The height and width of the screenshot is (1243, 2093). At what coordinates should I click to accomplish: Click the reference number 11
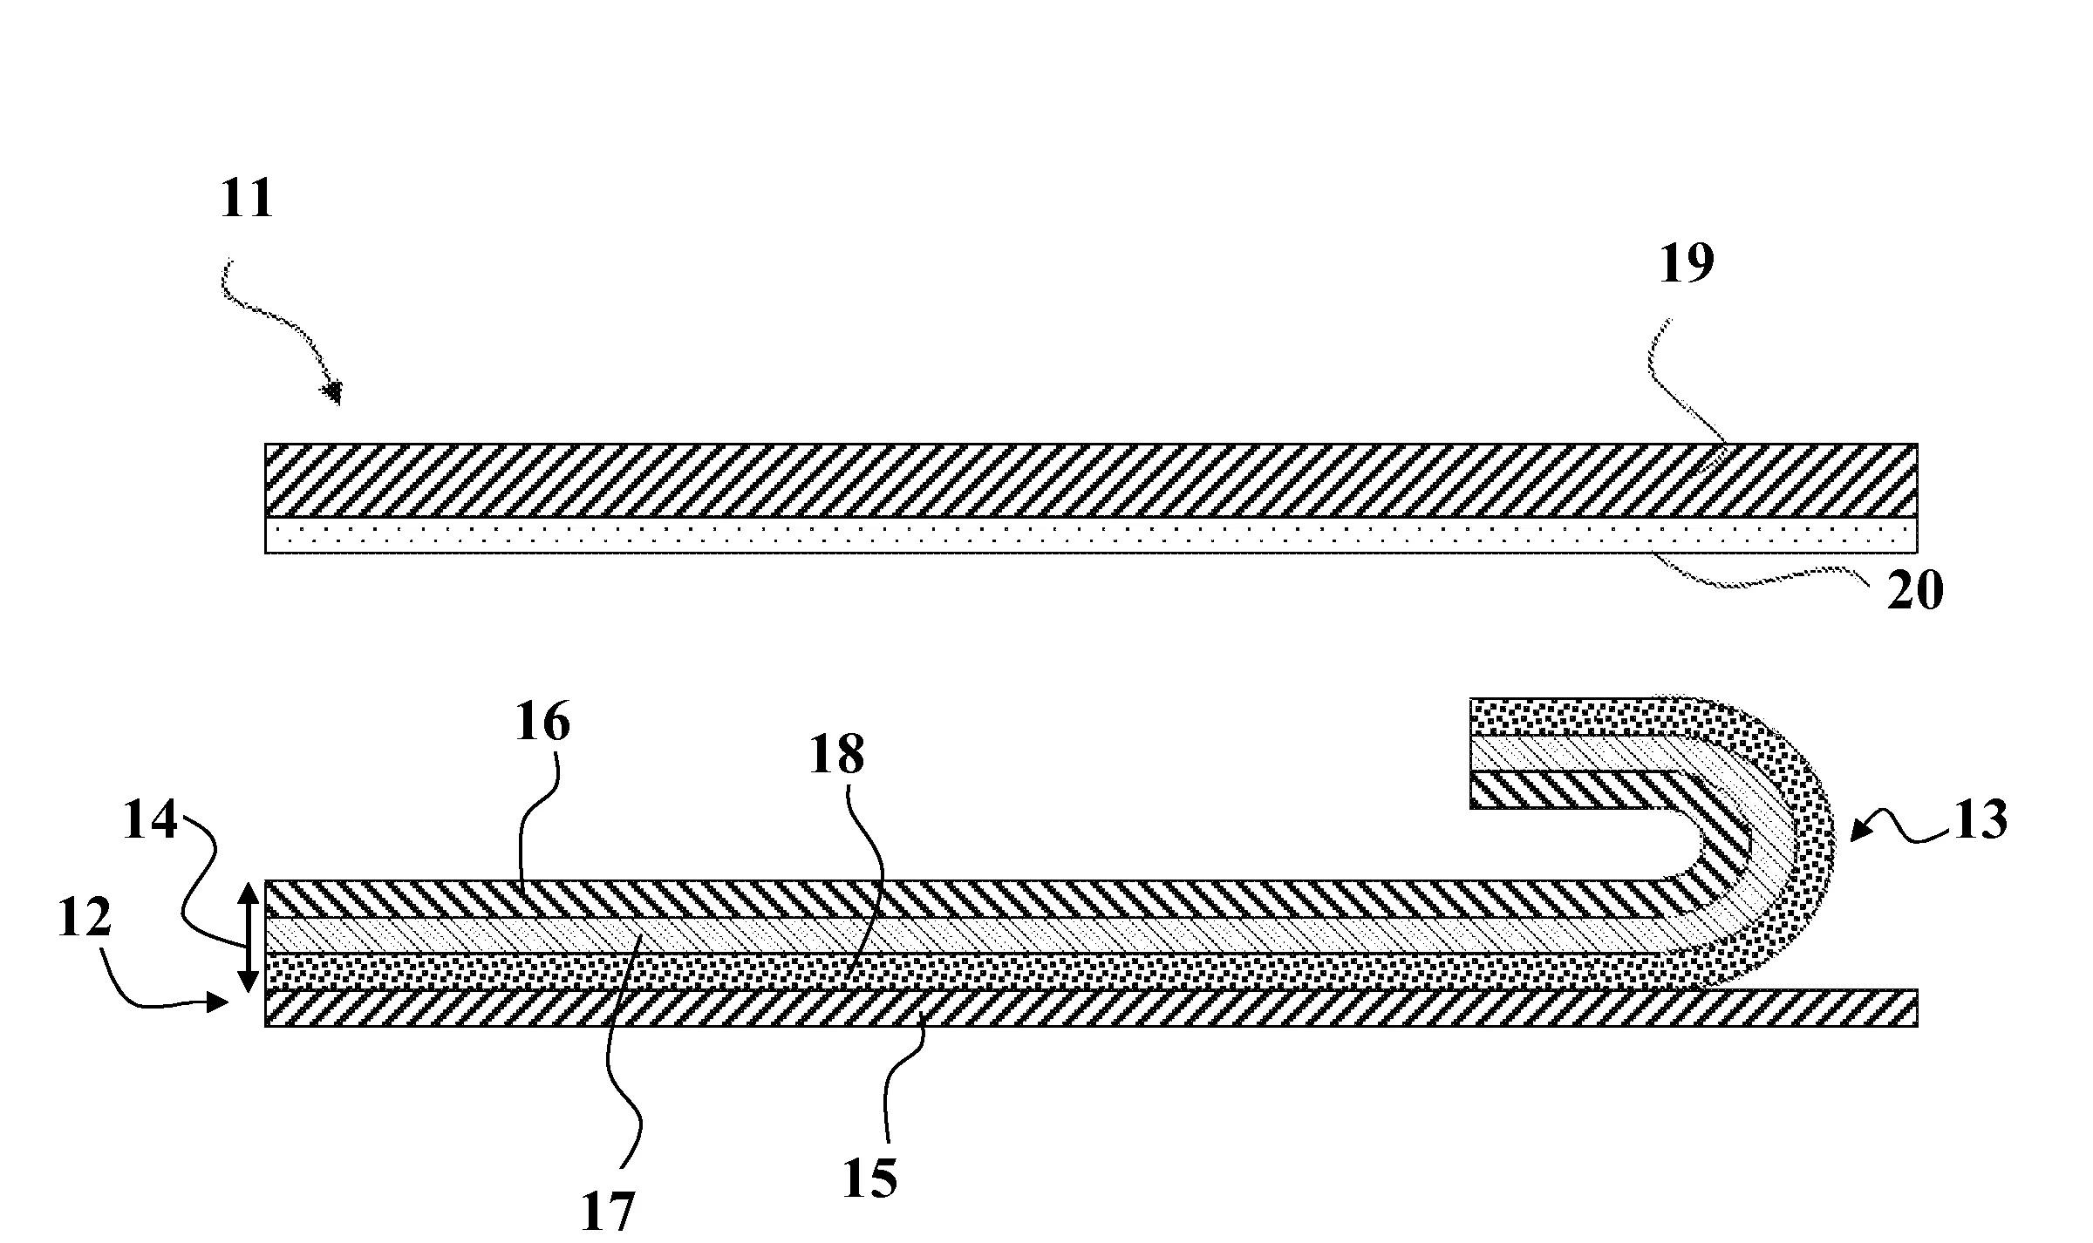coord(247,199)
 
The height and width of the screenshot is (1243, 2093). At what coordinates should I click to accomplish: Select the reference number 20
coord(1916,592)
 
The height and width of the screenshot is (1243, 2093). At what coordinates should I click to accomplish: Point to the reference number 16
coord(542,723)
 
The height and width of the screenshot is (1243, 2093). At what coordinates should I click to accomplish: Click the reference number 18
coord(836,755)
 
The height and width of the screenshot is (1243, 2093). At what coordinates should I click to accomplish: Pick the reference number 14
coord(150,822)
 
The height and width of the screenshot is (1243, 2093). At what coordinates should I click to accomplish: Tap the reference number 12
coord(85,918)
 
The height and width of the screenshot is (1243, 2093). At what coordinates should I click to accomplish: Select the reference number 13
coord(1980,820)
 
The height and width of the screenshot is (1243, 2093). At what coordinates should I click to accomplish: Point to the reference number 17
coord(608,1212)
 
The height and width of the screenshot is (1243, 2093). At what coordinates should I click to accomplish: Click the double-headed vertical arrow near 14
coord(249,938)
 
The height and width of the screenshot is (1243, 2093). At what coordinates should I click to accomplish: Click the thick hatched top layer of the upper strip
coord(1090,480)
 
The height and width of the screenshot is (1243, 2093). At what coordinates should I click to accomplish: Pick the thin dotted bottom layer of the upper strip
coord(1090,535)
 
